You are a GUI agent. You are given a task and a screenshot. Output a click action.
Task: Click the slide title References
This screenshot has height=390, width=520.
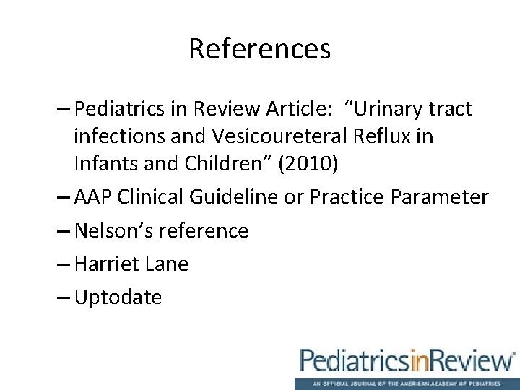pos(259,49)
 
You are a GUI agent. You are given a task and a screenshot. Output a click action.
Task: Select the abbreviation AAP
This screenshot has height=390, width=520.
pos(93,197)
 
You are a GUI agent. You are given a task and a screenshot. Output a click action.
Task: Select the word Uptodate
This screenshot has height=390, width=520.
pos(118,297)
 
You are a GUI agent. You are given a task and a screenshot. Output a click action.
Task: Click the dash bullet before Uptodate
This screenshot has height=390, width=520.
pos(62,297)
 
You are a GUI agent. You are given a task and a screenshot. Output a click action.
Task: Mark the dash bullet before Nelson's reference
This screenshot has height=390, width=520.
pos(62,230)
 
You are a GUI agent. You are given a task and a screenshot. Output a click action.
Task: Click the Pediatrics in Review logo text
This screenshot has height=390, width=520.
pos(407,360)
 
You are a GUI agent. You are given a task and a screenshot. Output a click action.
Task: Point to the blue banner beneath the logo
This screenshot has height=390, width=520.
pos(407,383)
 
